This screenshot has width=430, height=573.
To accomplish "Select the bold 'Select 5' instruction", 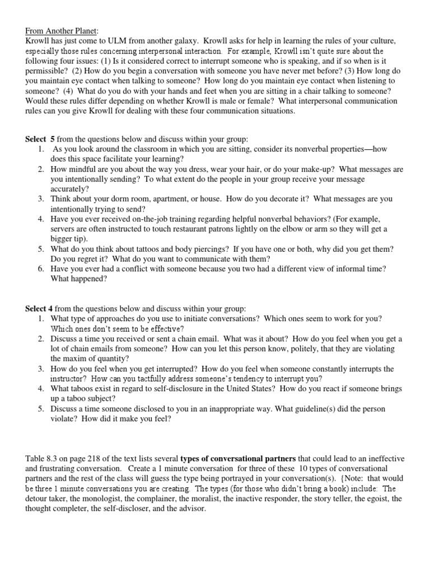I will [x=41, y=138].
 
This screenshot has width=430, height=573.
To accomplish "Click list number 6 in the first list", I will [x=41, y=269].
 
